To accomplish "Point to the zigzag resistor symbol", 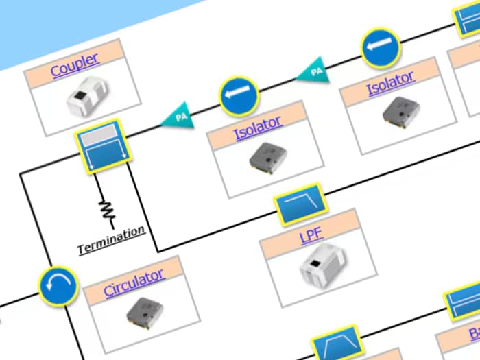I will [x=106, y=208].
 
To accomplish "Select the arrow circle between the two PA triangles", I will [x=239, y=97].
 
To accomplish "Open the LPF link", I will [x=311, y=237].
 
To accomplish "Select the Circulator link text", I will [x=133, y=282].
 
